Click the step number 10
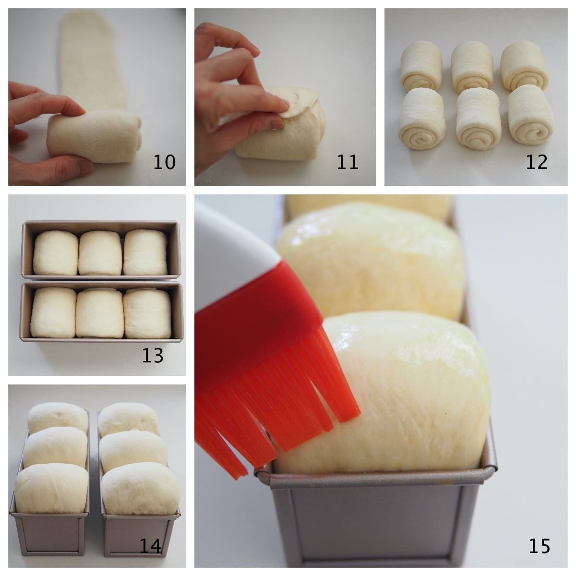[x=164, y=162]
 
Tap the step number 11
[x=347, y=162]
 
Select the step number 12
[x=536, y=162]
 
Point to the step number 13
[x=152, y=355]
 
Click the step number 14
[x=150, y=545]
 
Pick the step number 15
[x=540, y=545]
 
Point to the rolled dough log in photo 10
[x=94, y=137]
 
